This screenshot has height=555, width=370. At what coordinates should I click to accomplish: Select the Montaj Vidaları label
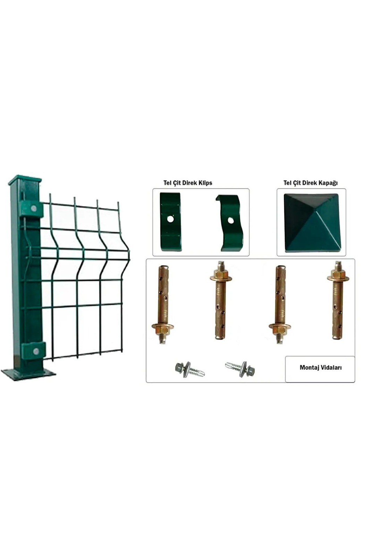pyautogui.click(x=320, y=367)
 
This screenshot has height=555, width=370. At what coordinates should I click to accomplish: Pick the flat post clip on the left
pyautogui.click(x=170, y=222)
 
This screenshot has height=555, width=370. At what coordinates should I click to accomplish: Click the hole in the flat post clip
pyautogui.click(x=170, y=219)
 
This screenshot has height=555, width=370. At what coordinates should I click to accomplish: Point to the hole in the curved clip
pyautogui.click(x=230, y=220)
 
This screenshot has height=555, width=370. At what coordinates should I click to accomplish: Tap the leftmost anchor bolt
pyautogui.click(x=163, y=305)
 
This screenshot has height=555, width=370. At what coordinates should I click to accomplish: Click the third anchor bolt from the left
pyautogui.click(x=279, y=305)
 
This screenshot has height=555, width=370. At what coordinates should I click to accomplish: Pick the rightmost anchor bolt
pyautogui.click(x=337, y=300)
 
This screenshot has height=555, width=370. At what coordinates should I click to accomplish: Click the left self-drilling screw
pyautogui.click(x=190, y=369)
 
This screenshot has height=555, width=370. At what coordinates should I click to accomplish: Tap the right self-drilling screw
pyautogui.click(x=240, y=369)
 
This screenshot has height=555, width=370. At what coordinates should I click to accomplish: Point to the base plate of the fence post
pyautogui.click(x=28, y=374)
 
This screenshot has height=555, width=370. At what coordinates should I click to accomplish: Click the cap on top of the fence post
pyautogui.click(x=25, y=179)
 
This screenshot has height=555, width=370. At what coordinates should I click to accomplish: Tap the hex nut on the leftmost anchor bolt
pyautogui.click(x=163, y=329)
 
